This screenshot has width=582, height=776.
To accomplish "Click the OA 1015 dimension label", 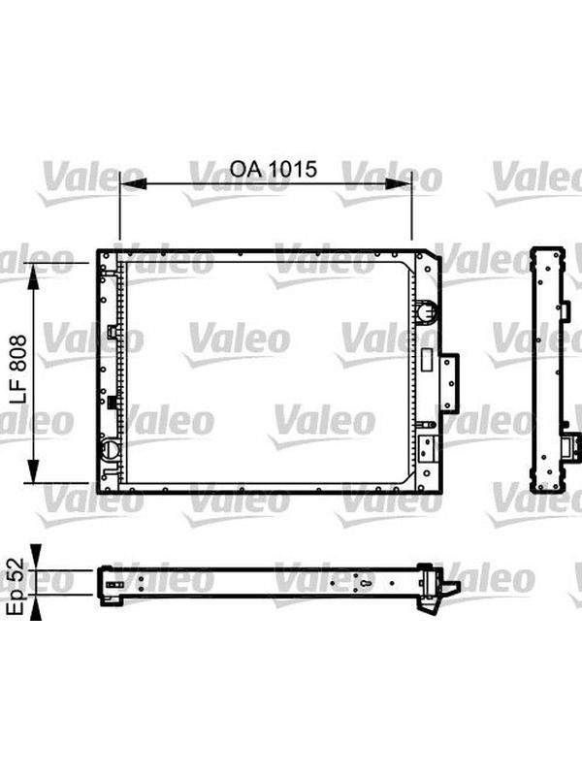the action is (273, 169).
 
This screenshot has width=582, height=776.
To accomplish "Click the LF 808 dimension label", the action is (18, 369).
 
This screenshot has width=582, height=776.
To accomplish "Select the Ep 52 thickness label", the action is (16, 587).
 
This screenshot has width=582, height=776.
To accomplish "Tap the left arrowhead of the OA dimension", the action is (133, 184).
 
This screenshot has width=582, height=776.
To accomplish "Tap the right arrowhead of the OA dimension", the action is (399, 183).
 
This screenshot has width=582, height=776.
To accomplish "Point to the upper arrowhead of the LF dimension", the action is (33, 277).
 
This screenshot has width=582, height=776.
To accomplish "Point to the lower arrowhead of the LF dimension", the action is (33, 470).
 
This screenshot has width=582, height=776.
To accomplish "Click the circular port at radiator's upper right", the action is (426, 311).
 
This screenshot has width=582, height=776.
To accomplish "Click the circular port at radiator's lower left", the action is (110, 449).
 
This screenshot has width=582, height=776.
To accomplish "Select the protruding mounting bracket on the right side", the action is (449, 383).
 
